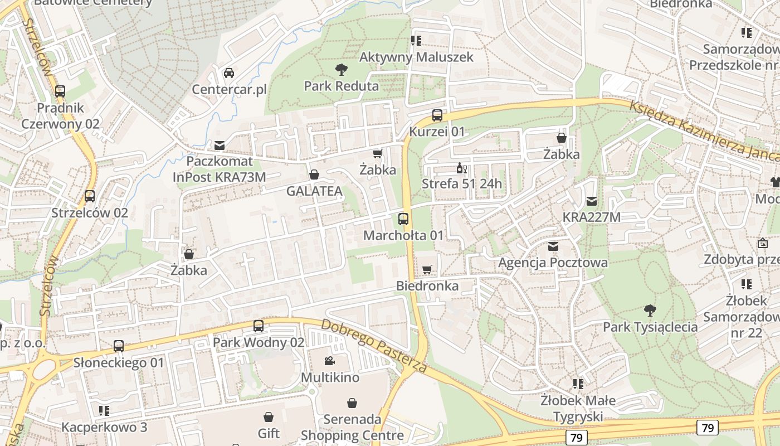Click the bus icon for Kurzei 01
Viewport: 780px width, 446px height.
pos(437,115)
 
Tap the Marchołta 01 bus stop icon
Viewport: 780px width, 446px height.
pos(403,219)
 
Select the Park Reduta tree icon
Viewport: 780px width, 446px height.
pos(342,70)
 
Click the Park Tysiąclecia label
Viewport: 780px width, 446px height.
pos(650,327)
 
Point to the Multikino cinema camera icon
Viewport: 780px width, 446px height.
pos(330,361)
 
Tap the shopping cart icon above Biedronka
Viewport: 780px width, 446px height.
pos(427,270)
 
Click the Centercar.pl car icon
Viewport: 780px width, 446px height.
pos(229,73)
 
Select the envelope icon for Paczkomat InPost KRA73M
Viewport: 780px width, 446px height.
pos(220,146)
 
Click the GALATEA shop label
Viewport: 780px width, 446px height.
pos(314,191)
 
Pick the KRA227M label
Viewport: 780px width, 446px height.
pos(591,217)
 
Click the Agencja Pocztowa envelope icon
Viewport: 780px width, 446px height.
pos(553,246)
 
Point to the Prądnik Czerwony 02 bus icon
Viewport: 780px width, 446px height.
pos(60,91)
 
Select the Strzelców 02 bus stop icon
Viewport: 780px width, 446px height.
pos(90,196)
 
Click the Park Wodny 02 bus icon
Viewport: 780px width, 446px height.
pos(259,326)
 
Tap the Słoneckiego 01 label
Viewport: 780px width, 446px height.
pos(119,362)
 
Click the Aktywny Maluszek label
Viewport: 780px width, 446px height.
pos(416,57)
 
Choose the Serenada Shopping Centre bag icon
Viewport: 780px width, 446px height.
pos(352,403)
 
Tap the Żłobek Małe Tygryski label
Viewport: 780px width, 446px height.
pos(578,408)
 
